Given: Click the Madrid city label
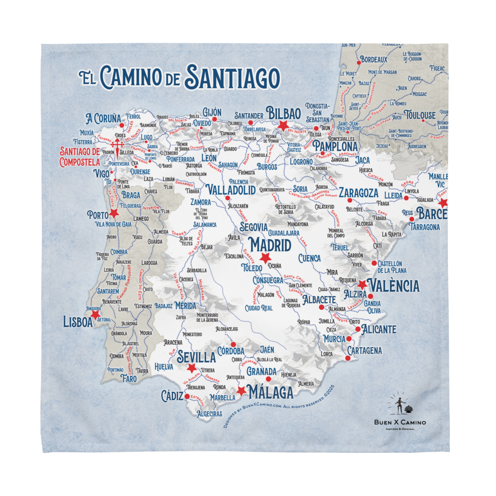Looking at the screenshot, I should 270,245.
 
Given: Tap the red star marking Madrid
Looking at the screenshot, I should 265,258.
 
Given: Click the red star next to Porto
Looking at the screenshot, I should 114,213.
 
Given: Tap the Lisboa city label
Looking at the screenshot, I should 78,322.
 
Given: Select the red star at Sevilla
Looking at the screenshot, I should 191,368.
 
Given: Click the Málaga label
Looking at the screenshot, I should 271,392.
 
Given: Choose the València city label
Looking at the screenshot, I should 395,286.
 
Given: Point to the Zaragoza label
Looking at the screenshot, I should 359,193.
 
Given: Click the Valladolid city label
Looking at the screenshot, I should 231,189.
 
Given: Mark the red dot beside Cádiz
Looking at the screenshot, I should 187,396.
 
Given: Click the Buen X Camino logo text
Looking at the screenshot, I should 400,422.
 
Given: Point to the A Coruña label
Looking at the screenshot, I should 103,119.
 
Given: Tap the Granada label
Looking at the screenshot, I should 261,372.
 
